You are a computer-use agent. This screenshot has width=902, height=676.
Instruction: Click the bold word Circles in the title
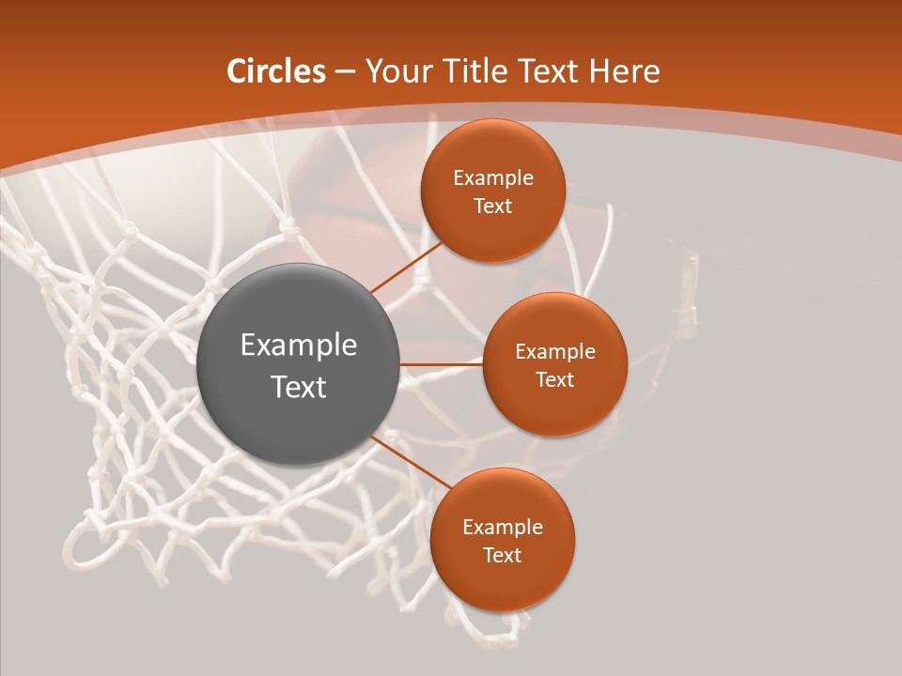pos(276,71)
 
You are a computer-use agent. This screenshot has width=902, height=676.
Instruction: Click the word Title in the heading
pos(481,71)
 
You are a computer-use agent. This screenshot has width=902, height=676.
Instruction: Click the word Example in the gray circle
pos(299,346)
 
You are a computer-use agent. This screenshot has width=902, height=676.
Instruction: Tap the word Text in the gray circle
pos(299,387)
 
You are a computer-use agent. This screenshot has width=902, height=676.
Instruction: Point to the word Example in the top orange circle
pos(493,178)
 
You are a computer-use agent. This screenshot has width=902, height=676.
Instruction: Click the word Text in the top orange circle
pos(493,207)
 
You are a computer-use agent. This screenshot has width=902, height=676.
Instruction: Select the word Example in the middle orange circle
pos(555,352)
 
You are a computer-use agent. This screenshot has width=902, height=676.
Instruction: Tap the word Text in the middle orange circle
pos(555,380)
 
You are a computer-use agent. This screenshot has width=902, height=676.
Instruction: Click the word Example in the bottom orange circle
pos(503,528)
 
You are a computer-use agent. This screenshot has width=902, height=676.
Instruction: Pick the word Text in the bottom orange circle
pos(503,556)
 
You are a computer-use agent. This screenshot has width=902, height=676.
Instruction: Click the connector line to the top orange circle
pos(408,266)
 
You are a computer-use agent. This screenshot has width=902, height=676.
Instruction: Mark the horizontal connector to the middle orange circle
pos(442,364)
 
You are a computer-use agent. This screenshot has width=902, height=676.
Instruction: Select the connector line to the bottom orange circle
pos(410,462)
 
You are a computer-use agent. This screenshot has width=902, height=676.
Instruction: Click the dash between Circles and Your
pos(344,72)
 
